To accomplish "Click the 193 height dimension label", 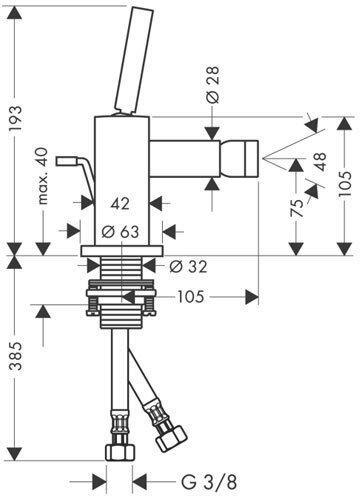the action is pos(16,118).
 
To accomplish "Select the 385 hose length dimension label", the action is pos(16,356).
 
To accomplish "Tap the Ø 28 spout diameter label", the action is pos(212,84).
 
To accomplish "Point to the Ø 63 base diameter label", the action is pos(120,232).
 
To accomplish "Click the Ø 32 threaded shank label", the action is pos(188,266).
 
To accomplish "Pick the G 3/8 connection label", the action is pos(209,482).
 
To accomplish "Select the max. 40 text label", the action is pos(42,176).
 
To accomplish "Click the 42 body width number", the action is pos(120,203).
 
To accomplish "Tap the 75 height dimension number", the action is pos(297,208).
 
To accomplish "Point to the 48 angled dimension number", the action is pos(320,162).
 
